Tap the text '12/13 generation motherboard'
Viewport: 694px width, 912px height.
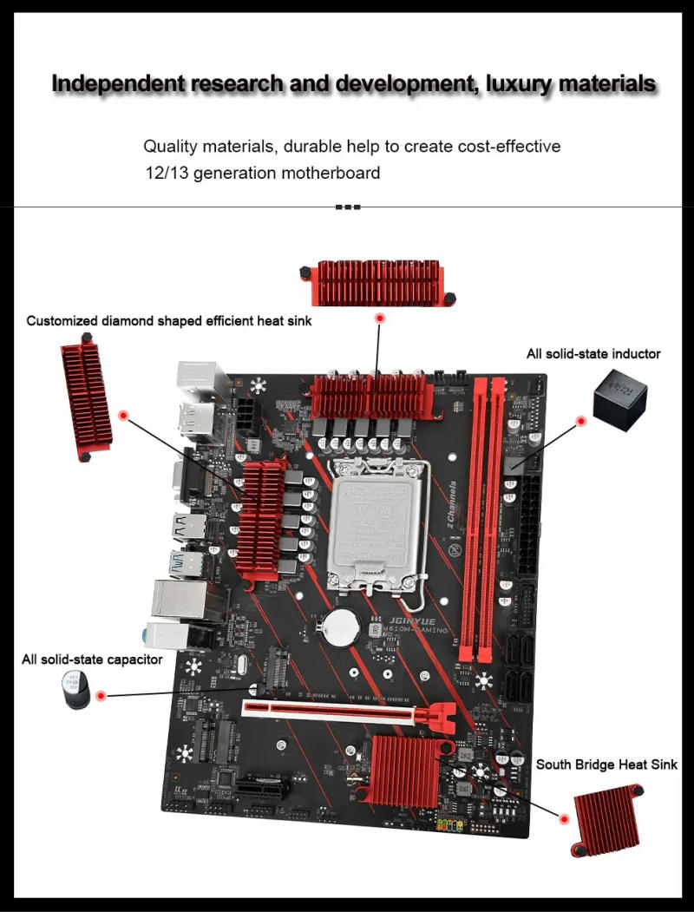coord(262,173)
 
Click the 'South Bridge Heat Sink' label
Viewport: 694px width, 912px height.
coord(606,764)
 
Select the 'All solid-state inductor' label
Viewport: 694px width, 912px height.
coord(593,353)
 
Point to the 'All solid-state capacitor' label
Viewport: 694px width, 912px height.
coord(92,659)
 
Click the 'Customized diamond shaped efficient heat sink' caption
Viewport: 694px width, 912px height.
coord(169,321)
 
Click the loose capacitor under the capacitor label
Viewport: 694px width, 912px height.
coord(77,692)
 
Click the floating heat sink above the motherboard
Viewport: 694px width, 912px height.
coord(377,282)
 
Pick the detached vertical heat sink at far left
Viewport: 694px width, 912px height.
coord(86,395)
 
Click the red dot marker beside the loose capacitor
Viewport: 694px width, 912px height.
coord(101,695)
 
